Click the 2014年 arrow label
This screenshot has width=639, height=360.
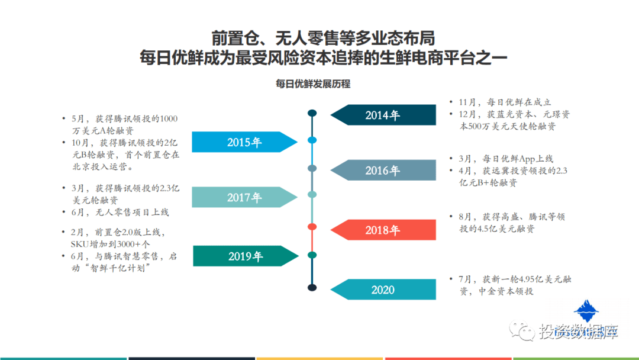tap(383, 115)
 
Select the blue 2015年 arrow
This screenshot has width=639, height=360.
tap(244, 142)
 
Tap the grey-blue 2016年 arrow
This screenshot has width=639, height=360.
tap(383, 170)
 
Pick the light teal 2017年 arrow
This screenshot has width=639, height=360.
tap(244, 197)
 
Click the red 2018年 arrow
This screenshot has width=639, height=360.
tap(383, 230)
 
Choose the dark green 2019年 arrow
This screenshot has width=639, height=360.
tap(246, 256)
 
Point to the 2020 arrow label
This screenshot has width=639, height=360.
tap(383, 290)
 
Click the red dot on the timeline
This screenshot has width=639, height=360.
tap(312, 227)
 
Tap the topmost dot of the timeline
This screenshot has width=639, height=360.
tap(312, 113)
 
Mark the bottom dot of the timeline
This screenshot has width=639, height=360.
tap(312, 287)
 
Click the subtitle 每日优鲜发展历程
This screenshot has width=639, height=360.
tap(313, 84)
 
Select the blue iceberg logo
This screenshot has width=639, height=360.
tap(586, 311)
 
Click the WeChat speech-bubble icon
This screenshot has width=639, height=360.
tap(522, 330)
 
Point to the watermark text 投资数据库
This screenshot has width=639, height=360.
tap(579, 332)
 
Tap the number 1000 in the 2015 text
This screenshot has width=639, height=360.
tap(168, 118)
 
